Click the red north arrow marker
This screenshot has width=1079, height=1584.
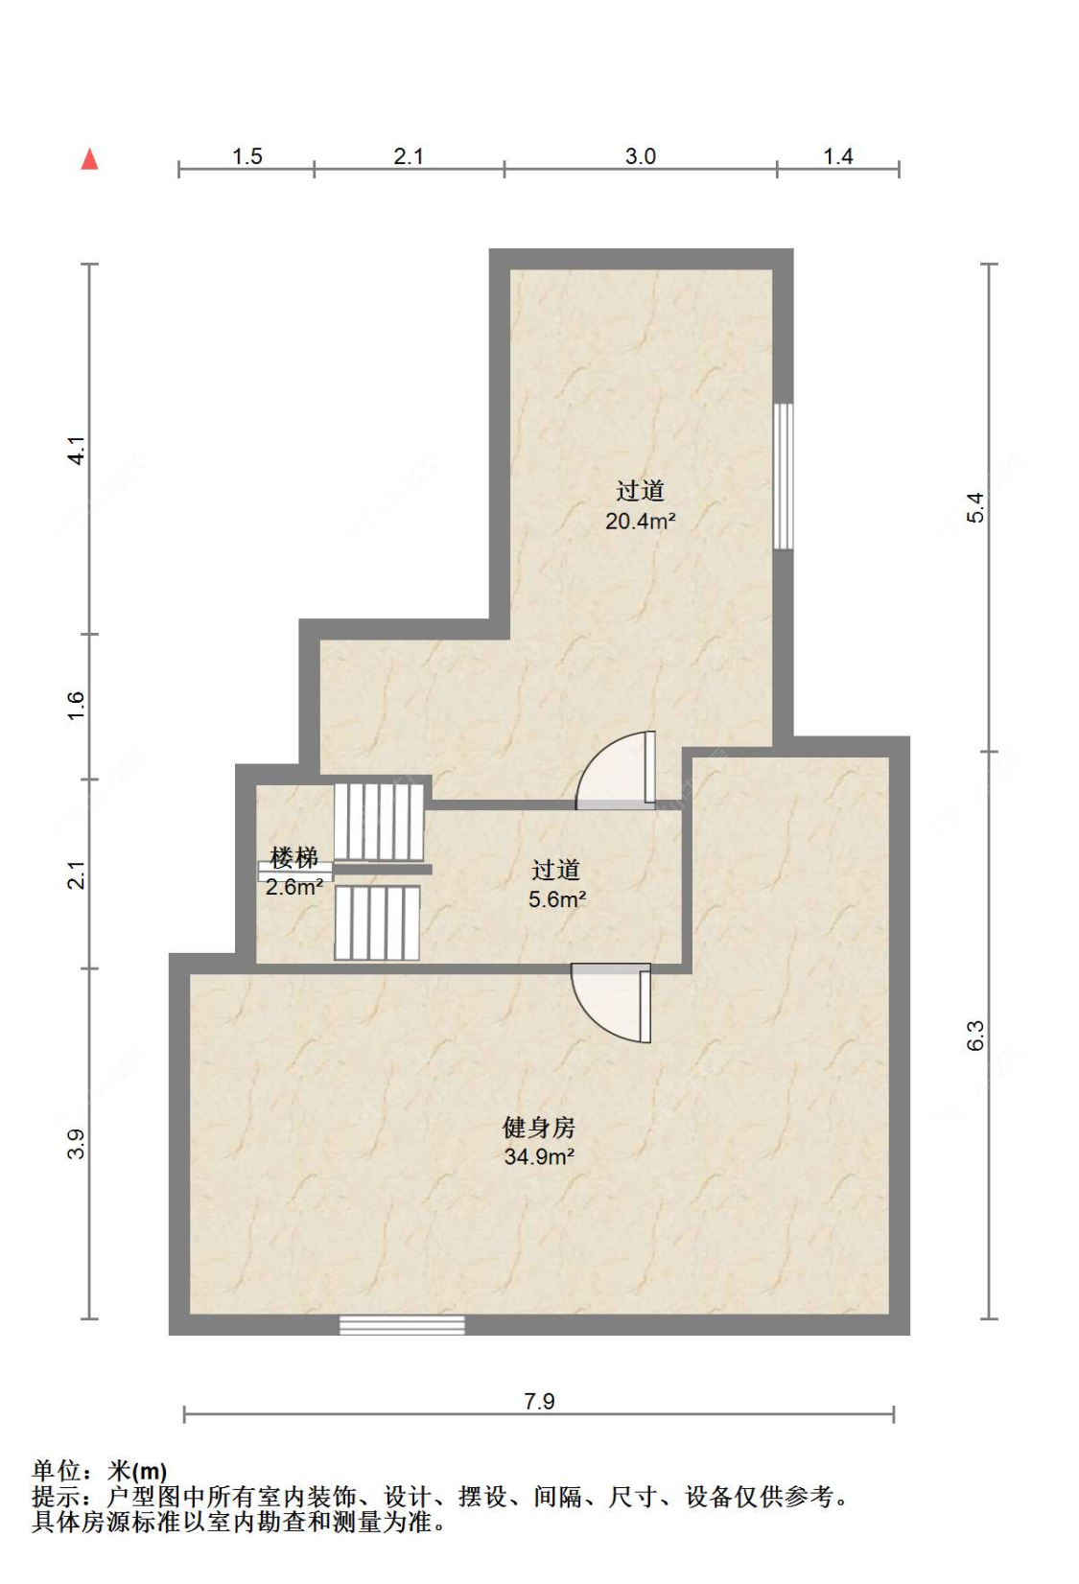[x=89, y=159]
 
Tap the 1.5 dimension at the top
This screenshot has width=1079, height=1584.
[x=246, y=156]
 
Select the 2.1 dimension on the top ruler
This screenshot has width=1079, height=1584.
[x=409, y=156]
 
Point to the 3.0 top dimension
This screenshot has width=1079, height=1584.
[x=641, y=156]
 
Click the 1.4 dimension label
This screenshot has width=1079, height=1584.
[x=837, y=156]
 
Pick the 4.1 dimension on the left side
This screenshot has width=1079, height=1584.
[x=77, y=450]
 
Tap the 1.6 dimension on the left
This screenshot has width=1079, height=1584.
[x=77, y=706]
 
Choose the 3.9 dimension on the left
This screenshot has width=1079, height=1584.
[x=77, y=1144]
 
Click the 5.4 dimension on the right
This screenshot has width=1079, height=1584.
[x=975, y=507]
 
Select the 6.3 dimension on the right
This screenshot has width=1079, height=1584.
[x=975, y=1036]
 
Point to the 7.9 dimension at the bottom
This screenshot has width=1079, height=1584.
[x=539, y=1401]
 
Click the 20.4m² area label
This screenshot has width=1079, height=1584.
[x=641, y=522]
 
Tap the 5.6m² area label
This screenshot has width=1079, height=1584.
[x=557, y=899]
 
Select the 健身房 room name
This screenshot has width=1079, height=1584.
[x=539, y=1128]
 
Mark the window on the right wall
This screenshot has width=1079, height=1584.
[x=783, y=476]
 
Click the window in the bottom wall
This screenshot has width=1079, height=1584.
[x=402, y=1325]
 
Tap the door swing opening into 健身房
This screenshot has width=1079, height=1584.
[x=612, y=1003]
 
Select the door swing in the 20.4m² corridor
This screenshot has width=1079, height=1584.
[x=617, y=770]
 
